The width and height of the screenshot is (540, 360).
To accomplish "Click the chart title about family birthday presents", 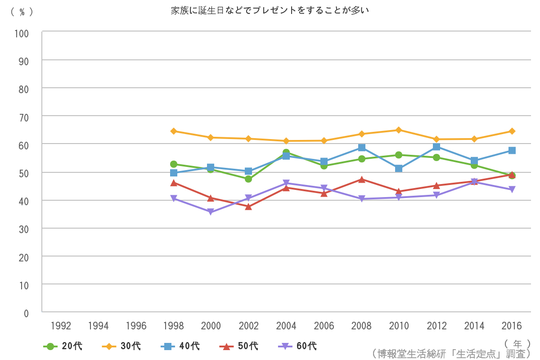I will pyautogui.click(x=270, y=10).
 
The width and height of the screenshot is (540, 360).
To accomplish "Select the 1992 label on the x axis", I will pyautogui.click(x=61, y=326).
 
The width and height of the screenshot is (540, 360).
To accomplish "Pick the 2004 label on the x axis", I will pyautogui.click(x=286, y=326).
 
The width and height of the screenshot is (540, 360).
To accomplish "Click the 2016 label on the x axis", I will pyautogui.click(x=512, y=326).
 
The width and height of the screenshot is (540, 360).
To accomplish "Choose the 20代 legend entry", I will pyautogui.click(x=63, y=346).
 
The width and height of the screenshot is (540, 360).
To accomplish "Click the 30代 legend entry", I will pyautogui.click(x=121, y=346).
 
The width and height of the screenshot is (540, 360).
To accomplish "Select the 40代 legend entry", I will pyautogui.click(x=180, y=346).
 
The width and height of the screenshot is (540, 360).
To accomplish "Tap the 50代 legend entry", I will pyautogui.click(x=239, y=346).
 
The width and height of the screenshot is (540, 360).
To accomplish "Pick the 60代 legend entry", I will pyautogui.click(x=297, y=346).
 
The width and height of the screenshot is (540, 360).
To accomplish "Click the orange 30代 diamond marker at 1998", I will pyautogui.click(x=174, y=131).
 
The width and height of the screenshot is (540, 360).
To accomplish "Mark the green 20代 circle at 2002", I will pyautogui.click(x=248, y=179).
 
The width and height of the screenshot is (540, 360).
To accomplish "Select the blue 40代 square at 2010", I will pyautogui.click(x=399, y=168).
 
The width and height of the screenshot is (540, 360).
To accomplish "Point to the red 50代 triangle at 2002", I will pyautogui.click(x=248, y=206).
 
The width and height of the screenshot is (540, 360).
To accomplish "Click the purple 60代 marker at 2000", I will pyautogui.click(x=211, y=212).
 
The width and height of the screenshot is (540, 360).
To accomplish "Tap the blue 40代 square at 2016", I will pyautogui.click(x=512, y=150).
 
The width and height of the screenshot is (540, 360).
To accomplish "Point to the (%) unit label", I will pyautogui.click(x=22, y=12).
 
